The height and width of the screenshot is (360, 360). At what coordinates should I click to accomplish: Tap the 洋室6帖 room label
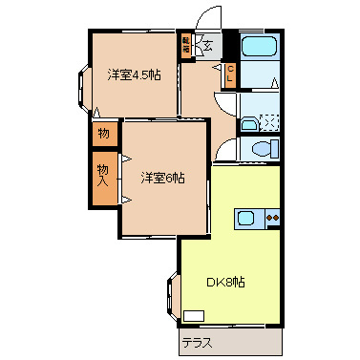coord(162,177)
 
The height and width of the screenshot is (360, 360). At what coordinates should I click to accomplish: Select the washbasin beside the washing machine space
coord(248,122)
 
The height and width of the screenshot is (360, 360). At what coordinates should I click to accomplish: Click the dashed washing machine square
coord(269,121)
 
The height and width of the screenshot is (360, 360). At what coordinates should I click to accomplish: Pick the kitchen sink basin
coord(246,218)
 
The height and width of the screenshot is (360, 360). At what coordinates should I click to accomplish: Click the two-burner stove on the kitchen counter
coord(272,218)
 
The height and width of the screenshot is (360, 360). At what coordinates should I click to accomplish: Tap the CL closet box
coord(230,74)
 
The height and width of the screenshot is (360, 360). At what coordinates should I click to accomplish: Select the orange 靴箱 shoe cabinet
coord(186,43)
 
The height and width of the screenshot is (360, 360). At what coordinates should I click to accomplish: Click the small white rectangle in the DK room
coord(194,315)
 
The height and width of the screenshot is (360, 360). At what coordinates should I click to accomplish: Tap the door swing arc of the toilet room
coord(223,149)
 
